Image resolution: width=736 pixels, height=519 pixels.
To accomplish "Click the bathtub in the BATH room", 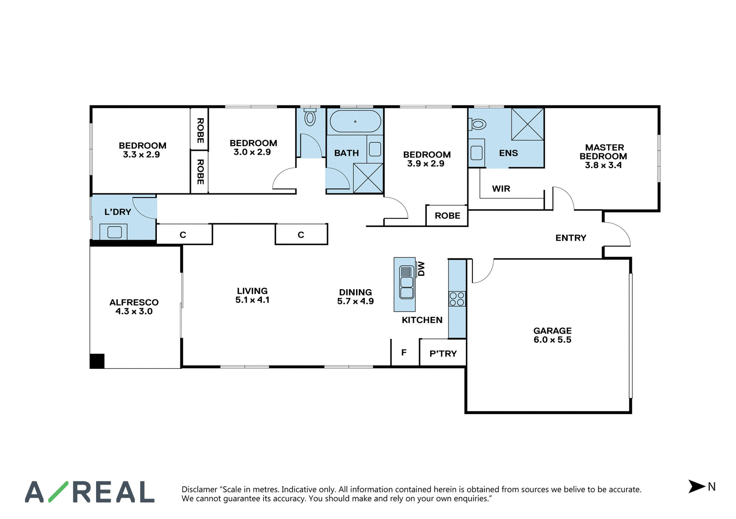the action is [x=355, y=122].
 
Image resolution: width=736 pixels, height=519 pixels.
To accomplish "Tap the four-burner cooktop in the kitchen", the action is [x=457, y=299].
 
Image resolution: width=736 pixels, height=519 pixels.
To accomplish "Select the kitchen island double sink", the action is [x=407, y=282].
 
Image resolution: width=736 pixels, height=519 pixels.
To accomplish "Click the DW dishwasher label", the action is [x=421, y=268].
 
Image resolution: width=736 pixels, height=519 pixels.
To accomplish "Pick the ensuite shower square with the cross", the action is [x=527, y=124].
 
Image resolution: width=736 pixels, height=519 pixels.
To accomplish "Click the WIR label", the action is [x=501, y=189].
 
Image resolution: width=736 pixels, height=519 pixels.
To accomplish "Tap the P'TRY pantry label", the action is [x=443, y=354].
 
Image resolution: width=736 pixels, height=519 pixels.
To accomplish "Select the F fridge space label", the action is [x=404, y=353].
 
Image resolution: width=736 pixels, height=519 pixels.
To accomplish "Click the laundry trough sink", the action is [x=115, y=232].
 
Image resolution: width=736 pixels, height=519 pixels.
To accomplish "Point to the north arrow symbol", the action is [x=696, y=486].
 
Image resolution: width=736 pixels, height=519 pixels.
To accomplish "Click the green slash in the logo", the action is [x=58, y=492].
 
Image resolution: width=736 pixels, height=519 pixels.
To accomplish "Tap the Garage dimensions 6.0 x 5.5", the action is [x=552, y=340].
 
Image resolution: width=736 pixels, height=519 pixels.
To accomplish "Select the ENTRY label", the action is [x=571, y=238].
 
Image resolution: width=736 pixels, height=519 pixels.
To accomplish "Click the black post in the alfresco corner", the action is [x=97, y=361].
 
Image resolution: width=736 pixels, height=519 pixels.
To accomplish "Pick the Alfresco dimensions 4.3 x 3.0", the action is [x=134, y=311].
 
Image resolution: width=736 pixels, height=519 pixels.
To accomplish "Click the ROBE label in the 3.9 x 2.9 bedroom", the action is [x=448, y=216].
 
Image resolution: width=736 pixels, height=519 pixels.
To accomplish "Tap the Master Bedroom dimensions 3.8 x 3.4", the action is [x=603, y=165].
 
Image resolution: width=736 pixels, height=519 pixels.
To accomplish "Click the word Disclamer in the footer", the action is [x=200, y=490].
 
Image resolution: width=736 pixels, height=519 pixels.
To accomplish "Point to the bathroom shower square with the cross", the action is [x=368, y=178].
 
